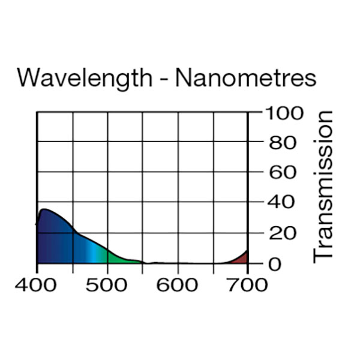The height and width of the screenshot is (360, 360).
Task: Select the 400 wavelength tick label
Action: tap(37, 284)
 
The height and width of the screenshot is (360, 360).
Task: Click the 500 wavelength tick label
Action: tap(107, 284)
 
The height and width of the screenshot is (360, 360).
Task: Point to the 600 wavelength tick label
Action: tap(178, 284)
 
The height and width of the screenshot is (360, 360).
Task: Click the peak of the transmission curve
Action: tap(44, 209)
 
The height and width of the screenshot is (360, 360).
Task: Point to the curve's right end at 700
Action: tap(247, 251)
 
